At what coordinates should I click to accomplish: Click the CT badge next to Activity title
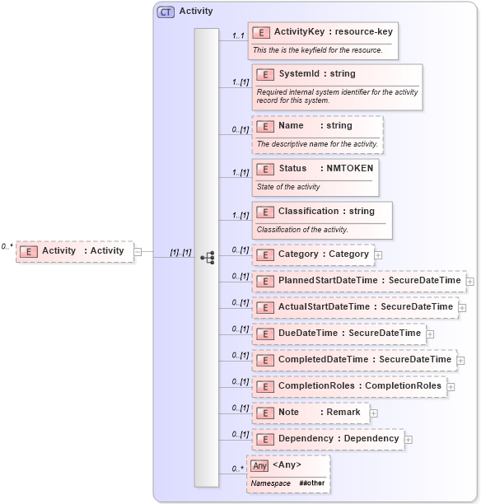tap(166, 12)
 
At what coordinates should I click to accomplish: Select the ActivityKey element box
tap(324, 41)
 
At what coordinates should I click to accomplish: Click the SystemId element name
tap(293, 74)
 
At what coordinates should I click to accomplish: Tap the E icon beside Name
tap(265, 126)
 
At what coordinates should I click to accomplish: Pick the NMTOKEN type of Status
tap(344, 168)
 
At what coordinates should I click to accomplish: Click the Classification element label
tap(308, 211)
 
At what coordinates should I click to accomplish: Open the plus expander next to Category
tap(378, 255)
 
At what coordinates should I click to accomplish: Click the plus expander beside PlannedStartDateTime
tap(469, 282)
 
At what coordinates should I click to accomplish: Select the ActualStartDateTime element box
tap(353, 307)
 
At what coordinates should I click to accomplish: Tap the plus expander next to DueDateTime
tap(430, 334)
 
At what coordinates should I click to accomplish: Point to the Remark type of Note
tap(343, 412)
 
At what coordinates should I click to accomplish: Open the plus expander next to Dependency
tap(409, 439)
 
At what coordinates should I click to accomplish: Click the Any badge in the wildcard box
tap(259, 465)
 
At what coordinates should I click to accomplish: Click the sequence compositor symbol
tap(207, 258)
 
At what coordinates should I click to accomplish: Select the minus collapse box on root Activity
tap(138, 252)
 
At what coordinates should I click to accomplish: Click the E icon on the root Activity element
tap(28, 251)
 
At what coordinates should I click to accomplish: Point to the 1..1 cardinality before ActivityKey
tap(239, 35)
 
